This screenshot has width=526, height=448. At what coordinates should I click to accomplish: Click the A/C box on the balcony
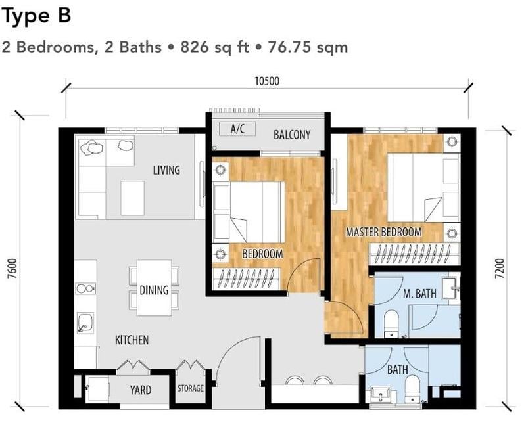(237, 129)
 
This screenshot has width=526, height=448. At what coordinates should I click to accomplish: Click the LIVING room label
(166, 171)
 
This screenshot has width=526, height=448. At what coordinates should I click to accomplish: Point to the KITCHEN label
(131, 340)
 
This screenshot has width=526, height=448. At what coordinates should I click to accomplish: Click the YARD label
(140, 390)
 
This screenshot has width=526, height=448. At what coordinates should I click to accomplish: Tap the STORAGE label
(190, 388)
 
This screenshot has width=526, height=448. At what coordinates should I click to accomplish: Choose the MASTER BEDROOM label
(384, 233)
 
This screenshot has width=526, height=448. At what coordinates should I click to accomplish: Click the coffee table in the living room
(132, 196)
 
